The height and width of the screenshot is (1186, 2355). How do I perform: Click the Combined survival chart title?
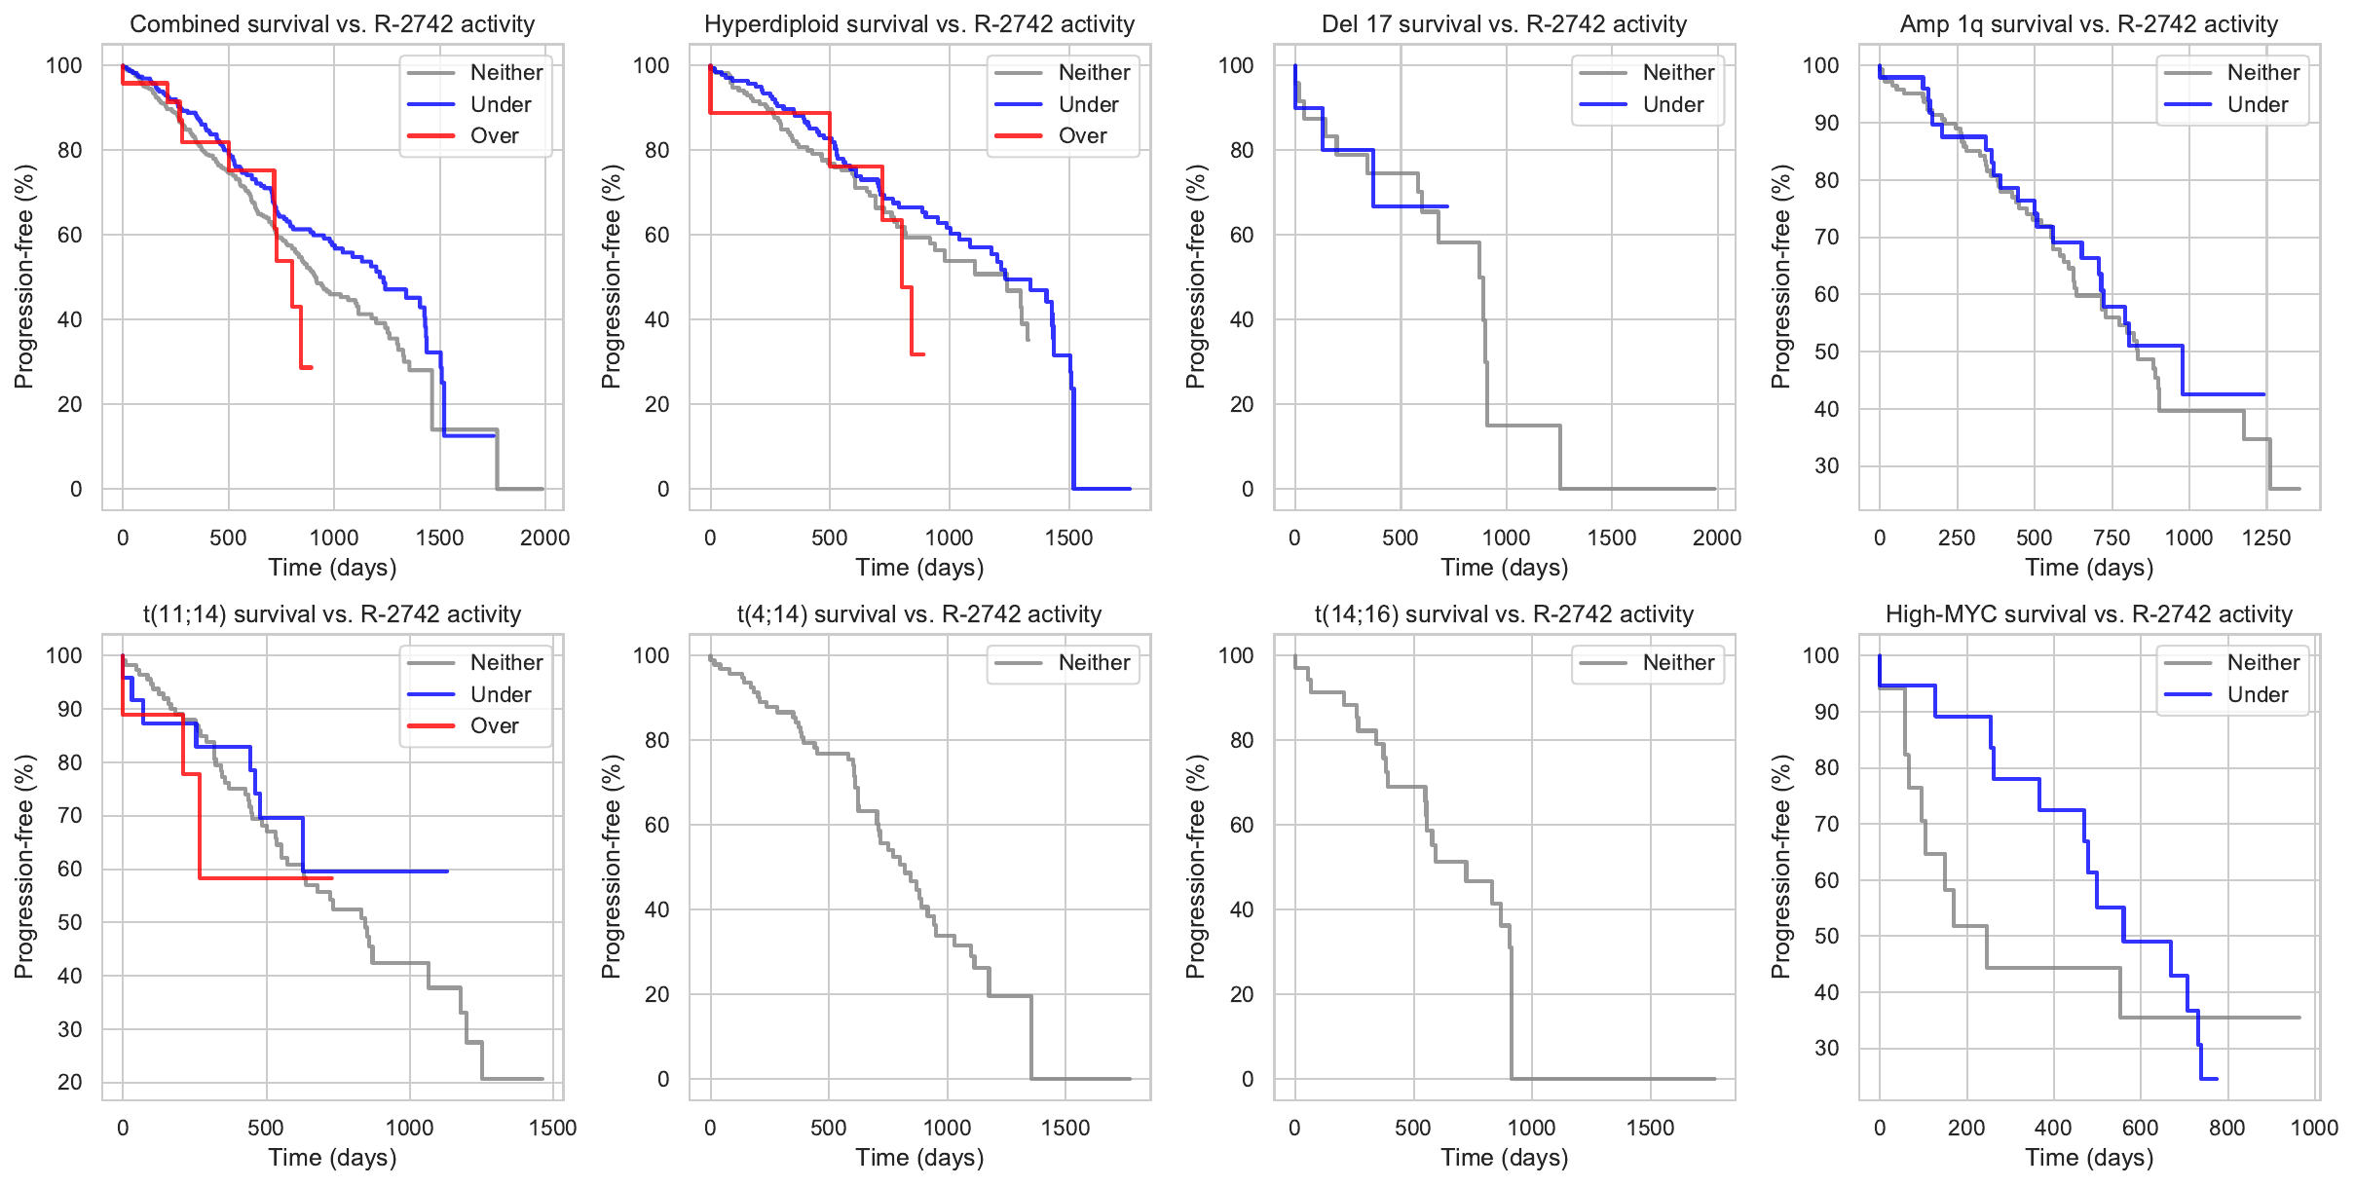(332, 24)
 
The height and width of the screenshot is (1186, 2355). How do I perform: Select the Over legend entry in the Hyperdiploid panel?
(1082, 136)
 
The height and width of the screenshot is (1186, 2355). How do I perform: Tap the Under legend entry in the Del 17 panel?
(1673, 105)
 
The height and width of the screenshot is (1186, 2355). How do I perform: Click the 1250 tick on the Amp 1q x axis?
(2265, 537)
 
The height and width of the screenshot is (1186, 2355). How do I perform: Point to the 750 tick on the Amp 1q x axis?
(2112, 537)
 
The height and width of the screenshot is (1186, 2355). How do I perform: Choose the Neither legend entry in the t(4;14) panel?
(1094, 663)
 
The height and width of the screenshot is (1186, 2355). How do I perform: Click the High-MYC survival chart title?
(2089, 614)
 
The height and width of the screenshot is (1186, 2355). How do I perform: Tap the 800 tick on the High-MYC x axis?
(2227, 1128)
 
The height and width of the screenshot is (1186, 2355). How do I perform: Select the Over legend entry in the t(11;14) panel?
(494, 726)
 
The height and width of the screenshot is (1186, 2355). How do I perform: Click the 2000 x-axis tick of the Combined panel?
(544, 537)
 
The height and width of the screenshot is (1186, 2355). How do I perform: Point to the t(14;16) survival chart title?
(1504, 614)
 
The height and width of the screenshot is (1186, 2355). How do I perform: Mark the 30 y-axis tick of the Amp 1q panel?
(1826, 466)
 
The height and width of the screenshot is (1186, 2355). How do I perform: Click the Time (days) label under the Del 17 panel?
(1504, 568)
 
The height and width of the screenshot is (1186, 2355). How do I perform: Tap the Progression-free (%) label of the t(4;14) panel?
(611, 867)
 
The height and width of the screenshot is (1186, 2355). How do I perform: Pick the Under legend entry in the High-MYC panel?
(2258, 695)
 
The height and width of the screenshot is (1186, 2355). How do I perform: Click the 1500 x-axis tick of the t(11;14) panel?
(552, 1128)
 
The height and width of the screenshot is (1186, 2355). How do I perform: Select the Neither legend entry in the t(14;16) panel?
(1678, 663)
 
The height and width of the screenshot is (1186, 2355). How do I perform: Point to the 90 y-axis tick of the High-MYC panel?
(1826, 712)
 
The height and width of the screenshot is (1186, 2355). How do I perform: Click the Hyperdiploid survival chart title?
(919, 24)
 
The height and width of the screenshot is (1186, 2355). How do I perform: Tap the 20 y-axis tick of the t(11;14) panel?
(70, 1082)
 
